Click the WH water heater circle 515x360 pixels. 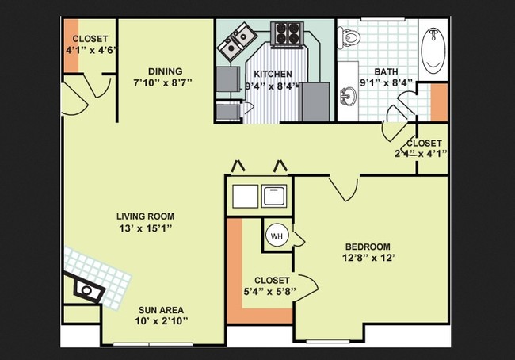[277, 236]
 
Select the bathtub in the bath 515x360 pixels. [433, 50]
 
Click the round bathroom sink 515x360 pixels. [348, 96]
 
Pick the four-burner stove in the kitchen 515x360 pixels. [287, 33]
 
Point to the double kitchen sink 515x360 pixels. [238, 40]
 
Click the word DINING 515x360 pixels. [166, 71]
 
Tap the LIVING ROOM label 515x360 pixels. [146, 216]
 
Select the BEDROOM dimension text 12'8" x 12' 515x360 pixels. [368, 258]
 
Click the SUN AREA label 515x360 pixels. [161, 310]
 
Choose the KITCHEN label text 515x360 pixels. [273, 74]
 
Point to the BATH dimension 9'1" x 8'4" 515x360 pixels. [386, 82]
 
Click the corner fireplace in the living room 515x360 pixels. [88, 289]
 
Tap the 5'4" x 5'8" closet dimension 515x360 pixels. [270, 291]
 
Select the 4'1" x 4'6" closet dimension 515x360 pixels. [92, 50]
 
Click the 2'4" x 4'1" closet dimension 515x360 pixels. [421, 154]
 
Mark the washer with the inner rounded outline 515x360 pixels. [274, 196]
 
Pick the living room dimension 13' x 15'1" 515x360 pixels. [146, 228]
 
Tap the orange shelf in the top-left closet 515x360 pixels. [71, 45]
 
